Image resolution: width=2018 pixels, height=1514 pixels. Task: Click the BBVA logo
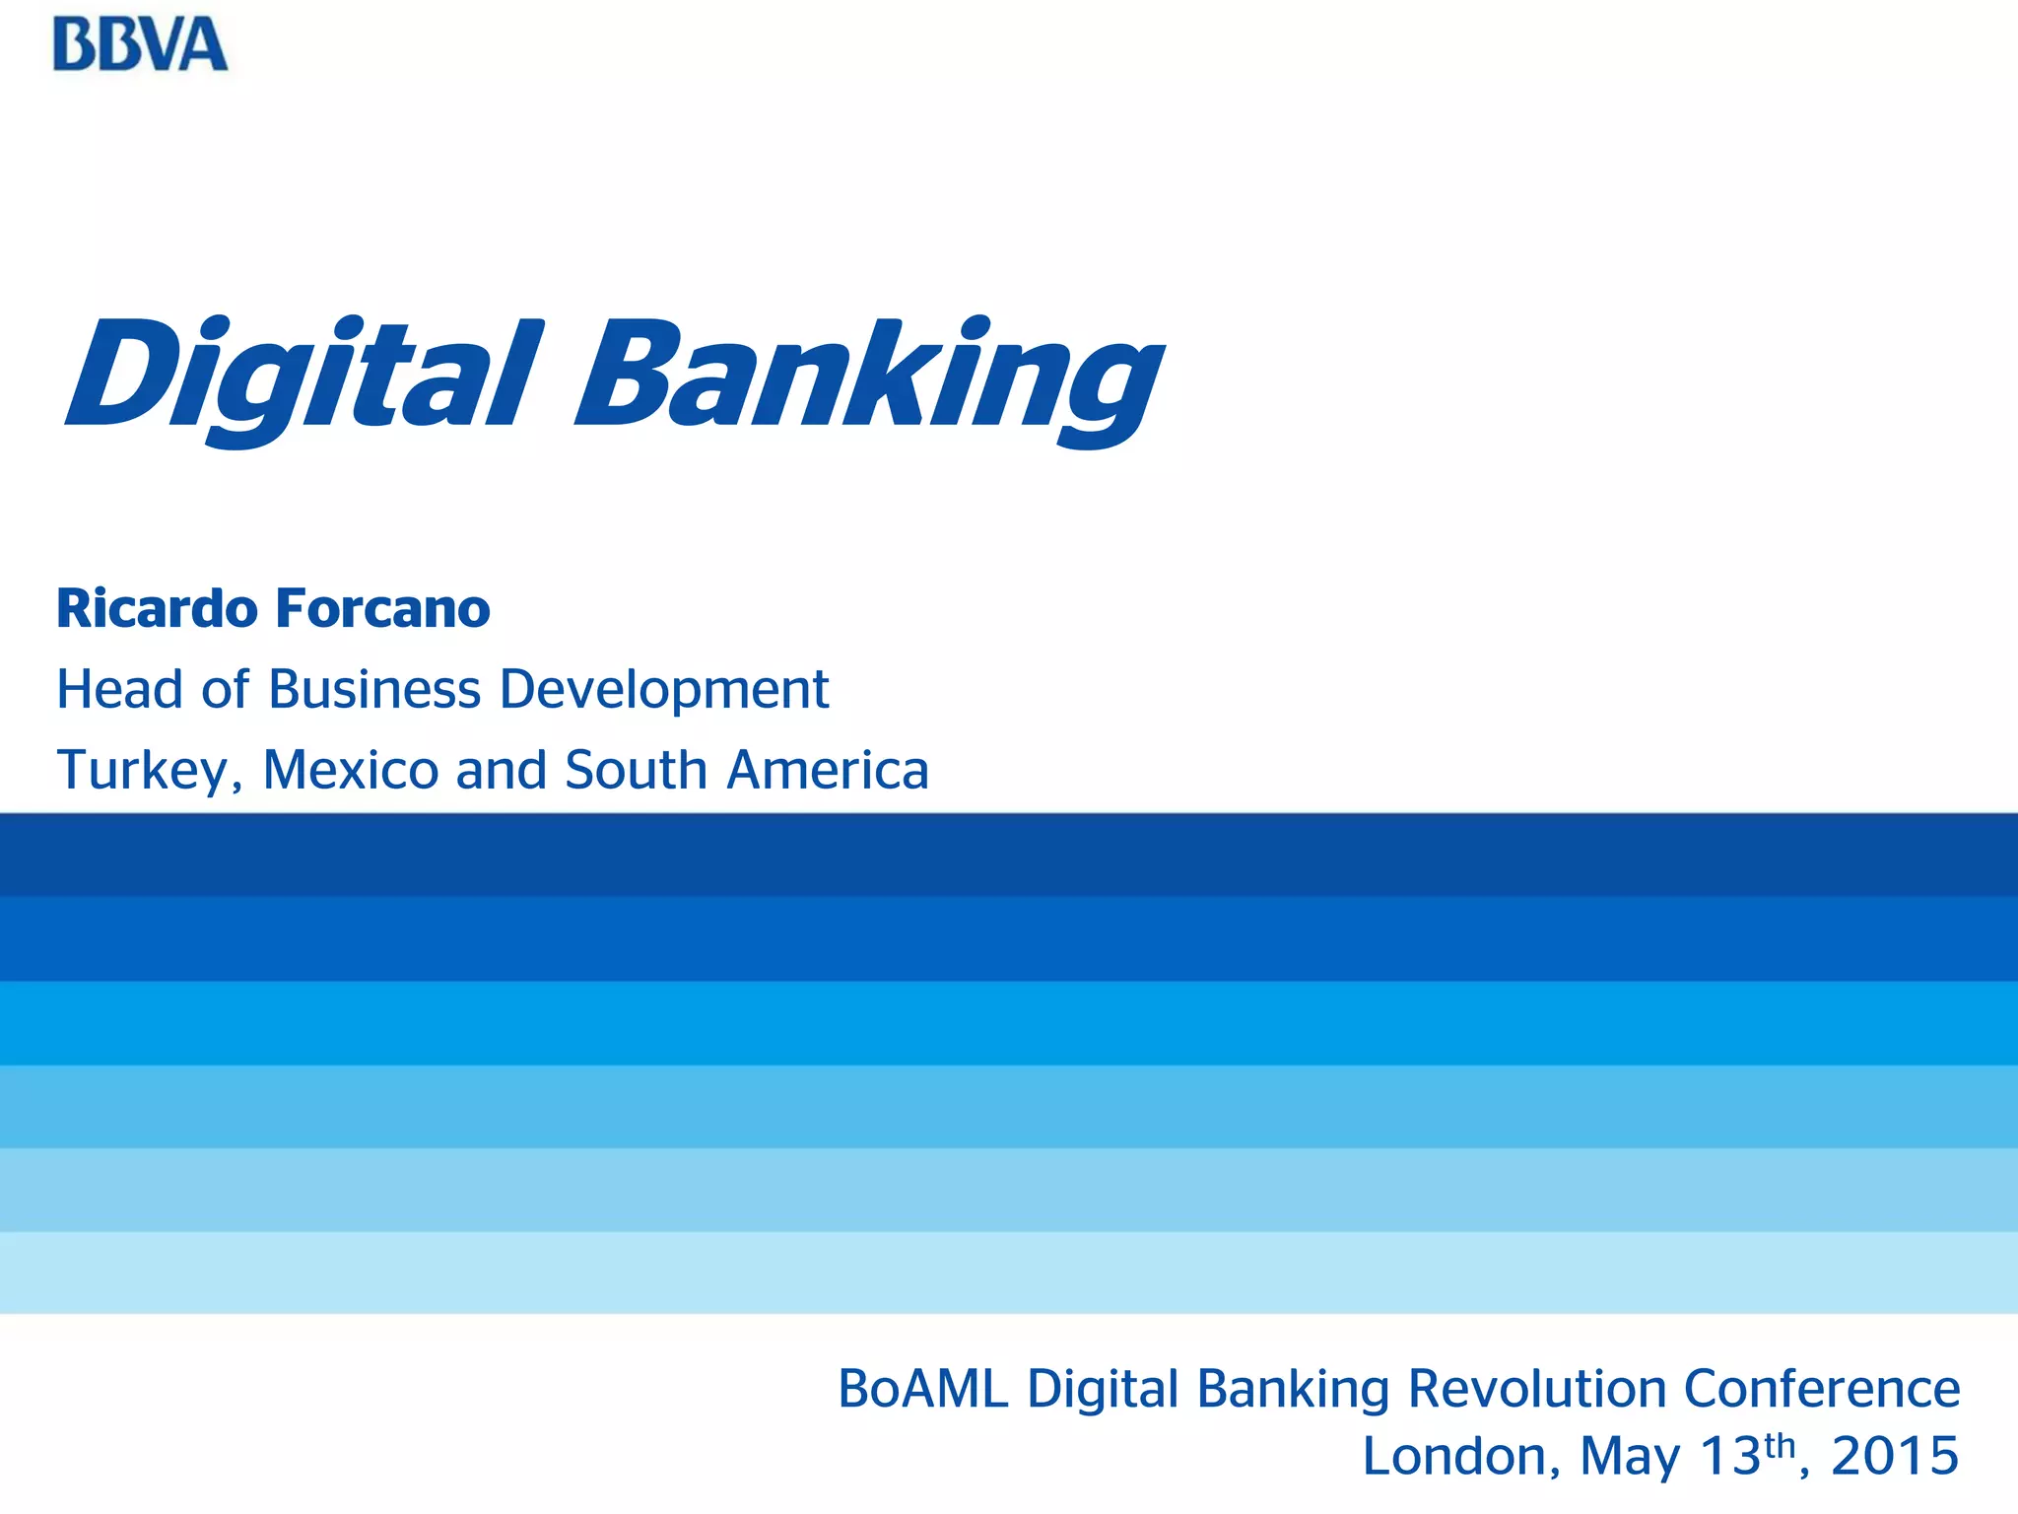(140, 45)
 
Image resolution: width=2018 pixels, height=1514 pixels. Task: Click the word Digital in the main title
(301, 378)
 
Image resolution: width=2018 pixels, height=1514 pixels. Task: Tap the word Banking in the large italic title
(867, 378)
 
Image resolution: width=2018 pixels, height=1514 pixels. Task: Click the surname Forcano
(382, 608)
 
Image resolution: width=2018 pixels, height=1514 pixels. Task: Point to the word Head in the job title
(119, 689)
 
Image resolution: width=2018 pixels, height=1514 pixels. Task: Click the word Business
(374, 689)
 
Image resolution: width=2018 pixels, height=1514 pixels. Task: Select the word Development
(663, 689)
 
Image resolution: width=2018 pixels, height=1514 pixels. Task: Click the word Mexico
(350, 771)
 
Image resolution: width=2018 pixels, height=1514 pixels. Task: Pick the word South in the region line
(636, 771)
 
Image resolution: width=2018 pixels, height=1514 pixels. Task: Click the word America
(828, 771)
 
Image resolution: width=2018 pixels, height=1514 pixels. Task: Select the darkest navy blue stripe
(1009, 855)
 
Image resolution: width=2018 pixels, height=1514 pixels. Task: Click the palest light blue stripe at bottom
(1009, 1273)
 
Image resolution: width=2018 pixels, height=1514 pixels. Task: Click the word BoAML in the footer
(923, 1390)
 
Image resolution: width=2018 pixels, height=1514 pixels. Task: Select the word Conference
(1822, 1390)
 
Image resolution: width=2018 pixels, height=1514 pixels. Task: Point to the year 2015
(1895, 1457)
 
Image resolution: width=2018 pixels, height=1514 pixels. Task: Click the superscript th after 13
(1780, 1445)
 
